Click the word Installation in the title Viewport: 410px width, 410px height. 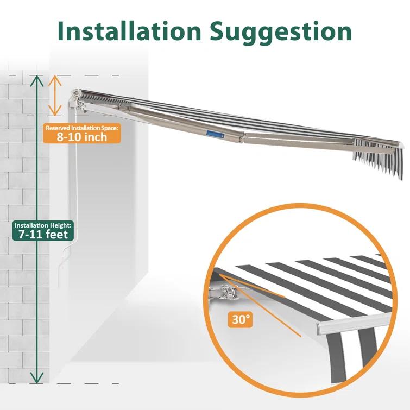click(x=129, y=31)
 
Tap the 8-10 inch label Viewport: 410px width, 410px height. click(x=82, y=137)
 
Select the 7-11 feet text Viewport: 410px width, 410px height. click(x=43, y=234)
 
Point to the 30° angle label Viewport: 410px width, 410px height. click(x=241, y=319)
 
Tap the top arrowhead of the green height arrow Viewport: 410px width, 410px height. click(x=37, y=81)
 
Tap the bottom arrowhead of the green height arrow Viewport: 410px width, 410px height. click(x=37, y=378)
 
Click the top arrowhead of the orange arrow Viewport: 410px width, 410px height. click(x=55, y=80)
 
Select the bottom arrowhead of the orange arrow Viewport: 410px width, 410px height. click(x=55, y=110)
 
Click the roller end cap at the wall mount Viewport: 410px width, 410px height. click(x=77, y=93)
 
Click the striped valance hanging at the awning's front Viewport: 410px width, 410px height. click(x=378, y=159)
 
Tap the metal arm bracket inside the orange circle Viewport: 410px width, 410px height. click(x=227, y=293)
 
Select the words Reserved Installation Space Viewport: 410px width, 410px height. click(x=82, y=128)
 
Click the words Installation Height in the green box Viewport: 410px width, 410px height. click(x=42, y=225)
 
